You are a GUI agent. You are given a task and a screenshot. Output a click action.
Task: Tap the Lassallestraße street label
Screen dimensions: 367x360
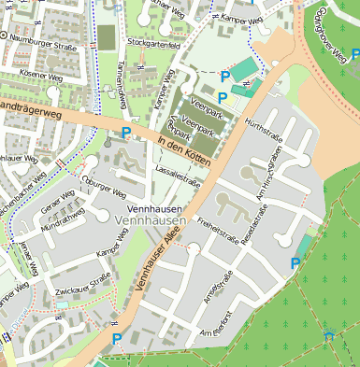pyautogui.click(x=177, y=177)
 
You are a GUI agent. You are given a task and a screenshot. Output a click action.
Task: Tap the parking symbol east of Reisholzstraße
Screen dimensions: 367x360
pyautogui.click(x=296, y=263)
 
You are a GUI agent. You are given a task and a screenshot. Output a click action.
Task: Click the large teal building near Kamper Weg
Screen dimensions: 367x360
pyautogui.click(x=243, y=69)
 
